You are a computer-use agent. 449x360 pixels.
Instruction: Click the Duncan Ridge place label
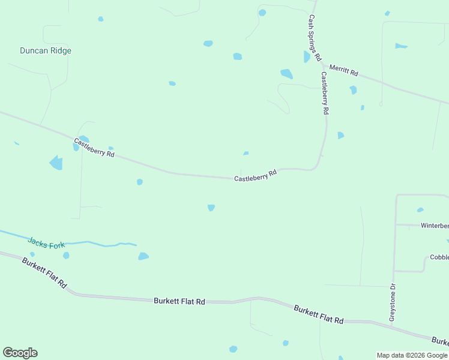click(x=46, y=51)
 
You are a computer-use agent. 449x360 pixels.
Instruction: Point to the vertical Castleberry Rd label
click(x=324, y=93)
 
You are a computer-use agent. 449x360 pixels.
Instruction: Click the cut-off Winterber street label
click(x=434, y=226)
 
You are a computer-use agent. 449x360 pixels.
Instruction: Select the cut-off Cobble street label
click(x=439, y=257)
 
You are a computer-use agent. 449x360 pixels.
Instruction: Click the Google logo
click(x=20, y=353)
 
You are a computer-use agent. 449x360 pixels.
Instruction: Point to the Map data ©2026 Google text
click(x=412, y=355)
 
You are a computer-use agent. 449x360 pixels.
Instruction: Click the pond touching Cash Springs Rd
click(x=307, y=57)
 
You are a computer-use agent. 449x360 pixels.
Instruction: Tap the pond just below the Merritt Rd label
click(x=353, y=90)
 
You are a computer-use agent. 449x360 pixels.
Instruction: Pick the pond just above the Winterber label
click(x=420, y=210)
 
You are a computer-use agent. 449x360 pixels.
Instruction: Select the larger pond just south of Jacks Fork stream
click(x=143, y=256)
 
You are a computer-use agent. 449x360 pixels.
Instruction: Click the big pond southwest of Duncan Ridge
click(x=56, y=163)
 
